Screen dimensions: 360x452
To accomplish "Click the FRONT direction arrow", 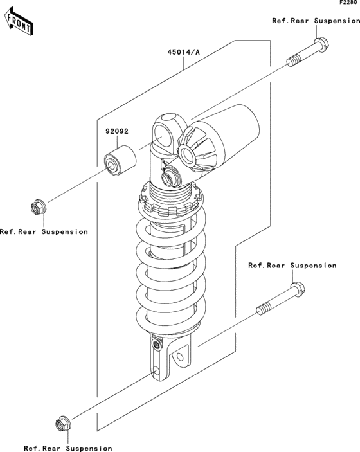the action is (x=19, y=22).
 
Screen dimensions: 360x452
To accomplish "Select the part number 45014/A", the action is (x=184, y=52).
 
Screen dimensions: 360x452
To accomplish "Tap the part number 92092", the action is (x=117, y=131).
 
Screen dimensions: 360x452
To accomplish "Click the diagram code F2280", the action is (x=350, y=3).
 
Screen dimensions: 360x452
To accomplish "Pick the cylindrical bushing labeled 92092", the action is (x=120, y=161).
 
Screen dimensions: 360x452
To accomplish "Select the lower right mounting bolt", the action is (x=281, y=298).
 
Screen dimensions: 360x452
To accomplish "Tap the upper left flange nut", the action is (x=39, y=206).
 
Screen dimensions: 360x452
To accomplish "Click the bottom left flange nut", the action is (x=63, y=424).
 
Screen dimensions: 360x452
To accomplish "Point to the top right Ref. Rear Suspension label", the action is (x=316, y=21).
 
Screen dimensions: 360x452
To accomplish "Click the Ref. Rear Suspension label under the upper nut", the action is (x=44, y=231).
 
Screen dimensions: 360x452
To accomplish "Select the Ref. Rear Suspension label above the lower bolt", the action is (x=292, y=265).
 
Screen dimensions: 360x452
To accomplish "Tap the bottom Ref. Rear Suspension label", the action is (x=68, y=448).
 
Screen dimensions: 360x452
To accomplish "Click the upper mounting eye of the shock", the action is (x=165, y=132).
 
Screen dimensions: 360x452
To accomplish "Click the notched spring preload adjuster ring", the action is (x=171, y=202).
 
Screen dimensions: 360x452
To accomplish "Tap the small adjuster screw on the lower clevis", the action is (x=157, y=345).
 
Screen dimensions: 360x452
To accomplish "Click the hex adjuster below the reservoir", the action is (x=169, y=179).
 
